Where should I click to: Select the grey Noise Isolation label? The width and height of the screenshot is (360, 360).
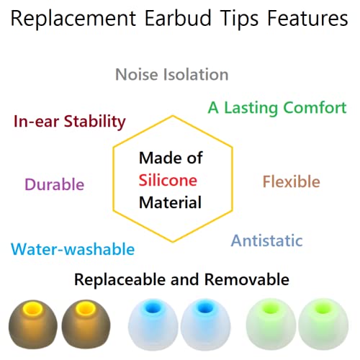[172, 74]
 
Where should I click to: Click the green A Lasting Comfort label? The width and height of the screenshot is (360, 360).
[277, 107]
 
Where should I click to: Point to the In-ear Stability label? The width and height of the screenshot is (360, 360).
[70, 121]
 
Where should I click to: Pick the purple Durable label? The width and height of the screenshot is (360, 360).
[54, 184]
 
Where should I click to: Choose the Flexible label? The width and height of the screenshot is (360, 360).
[291, 181]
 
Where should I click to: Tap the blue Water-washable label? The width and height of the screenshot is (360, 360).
[73, 249]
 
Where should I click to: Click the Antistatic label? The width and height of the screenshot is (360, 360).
[266, 240]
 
